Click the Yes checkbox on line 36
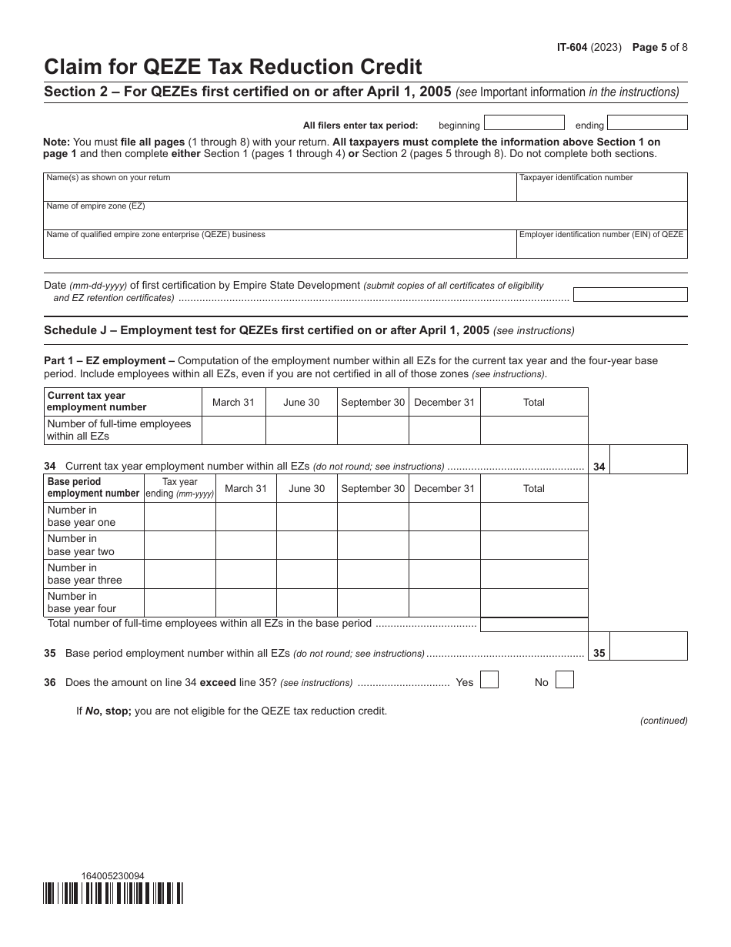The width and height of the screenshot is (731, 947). coord(489,680)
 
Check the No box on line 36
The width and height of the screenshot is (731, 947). coord(564,680)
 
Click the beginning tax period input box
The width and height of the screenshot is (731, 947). coord(524,123)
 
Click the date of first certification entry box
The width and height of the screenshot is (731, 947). coord(630,294)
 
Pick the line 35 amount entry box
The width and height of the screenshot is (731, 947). coord(648,648)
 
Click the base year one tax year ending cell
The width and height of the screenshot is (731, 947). coord(179,517)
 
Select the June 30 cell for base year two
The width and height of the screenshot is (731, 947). coord(306,546)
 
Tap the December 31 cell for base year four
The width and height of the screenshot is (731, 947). coord(444,603)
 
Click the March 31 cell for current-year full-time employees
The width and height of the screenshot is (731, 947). coord(233,430)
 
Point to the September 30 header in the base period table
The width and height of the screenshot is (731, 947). coord(372,489)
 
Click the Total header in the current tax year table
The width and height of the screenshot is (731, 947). coord(533,403)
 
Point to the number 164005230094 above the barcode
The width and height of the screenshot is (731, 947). coord(112,875)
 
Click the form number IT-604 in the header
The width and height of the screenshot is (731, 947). coord(574,47)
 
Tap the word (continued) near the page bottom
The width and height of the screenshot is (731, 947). coord(663,721)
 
